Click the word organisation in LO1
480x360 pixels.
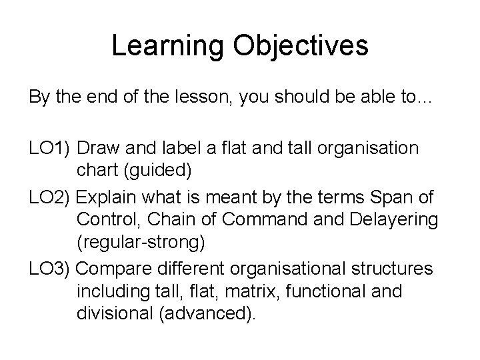[x=367, y=148]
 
